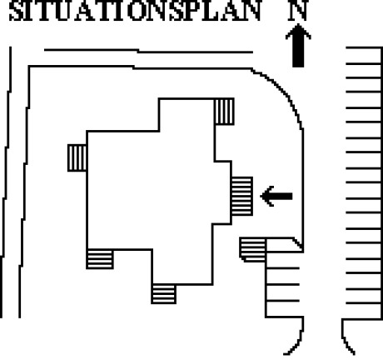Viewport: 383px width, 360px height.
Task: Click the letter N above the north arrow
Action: [x=298, y=11]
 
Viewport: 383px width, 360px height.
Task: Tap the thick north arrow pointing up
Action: [x=298, y=46]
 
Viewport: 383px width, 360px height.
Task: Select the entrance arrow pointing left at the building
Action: [x=276, y=197]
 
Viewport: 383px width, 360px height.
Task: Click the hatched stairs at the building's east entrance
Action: [x=242, y=196]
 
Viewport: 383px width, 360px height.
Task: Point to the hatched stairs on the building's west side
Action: [x=77, y=157]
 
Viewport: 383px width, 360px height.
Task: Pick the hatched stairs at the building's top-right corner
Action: [x=225, y=112]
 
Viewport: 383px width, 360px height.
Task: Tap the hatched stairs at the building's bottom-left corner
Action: [x=100, y=259]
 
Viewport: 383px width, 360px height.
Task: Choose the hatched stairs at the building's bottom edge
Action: [x=164, y=294]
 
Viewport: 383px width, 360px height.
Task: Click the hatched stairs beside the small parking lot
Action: [x=252, y=249]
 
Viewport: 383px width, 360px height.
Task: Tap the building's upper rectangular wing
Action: [x=187, y=115]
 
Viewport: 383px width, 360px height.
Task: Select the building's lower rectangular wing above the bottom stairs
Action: [x=182, y=267]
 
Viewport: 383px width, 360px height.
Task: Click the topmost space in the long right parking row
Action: [x=364, y=56]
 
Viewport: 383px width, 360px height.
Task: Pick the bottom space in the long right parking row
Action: [x=364, y=311]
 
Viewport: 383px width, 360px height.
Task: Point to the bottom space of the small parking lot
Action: [x=283, y=309]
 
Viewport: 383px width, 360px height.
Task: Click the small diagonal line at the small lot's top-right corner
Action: [x=298, y=243]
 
